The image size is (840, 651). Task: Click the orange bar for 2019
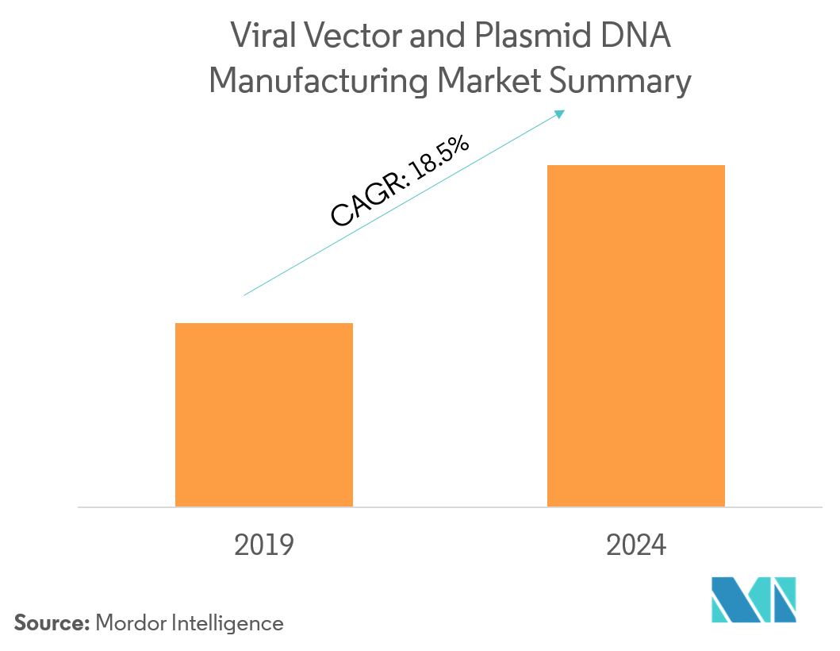click(x=263, y=414)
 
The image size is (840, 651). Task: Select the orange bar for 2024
click(x=636, y=335)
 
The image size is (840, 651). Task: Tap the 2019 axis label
click(x=264, y=545)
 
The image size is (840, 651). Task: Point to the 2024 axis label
click(x=636, y=545)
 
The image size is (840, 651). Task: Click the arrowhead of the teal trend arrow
click(x=561, y=113)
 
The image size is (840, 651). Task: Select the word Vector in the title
click(x=341, y=37)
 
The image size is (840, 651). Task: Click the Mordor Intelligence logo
click(x=753, y=599)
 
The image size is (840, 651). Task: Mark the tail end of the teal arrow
click(x=245, y=295)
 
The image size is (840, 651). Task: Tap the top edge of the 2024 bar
click(x=636, y=166)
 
